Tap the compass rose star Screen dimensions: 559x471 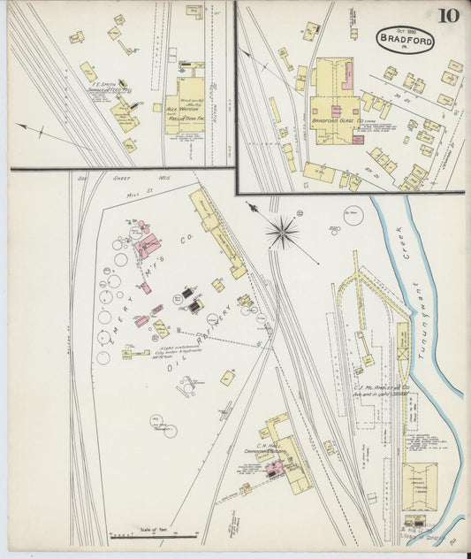(282, 233)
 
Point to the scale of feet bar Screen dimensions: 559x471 (154, 536)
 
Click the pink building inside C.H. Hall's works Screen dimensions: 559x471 (274, 467)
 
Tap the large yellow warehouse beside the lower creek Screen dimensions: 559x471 (419, 486)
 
